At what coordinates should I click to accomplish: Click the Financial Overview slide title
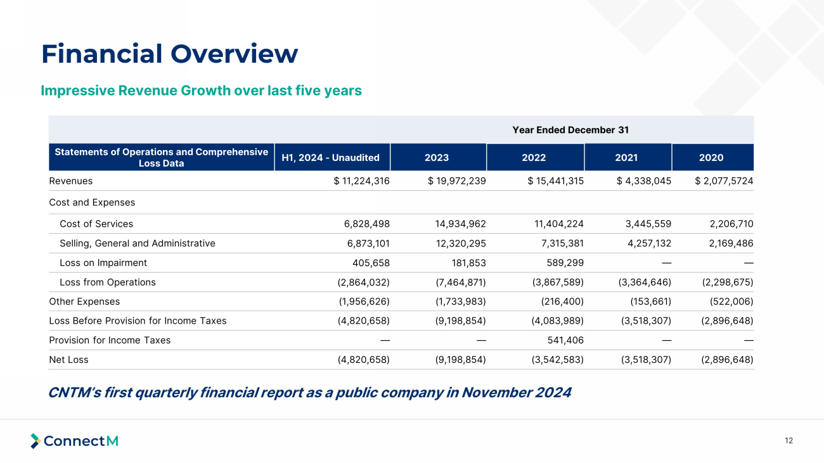pyautogui.click(x=169, y=54)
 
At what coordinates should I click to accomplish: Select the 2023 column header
pyautogui.click(x=437, y=158)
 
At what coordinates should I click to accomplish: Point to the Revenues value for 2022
pyautogui.click(x=556, y=181)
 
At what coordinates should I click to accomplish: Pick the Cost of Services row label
pyautogui.click(x=96, y=224)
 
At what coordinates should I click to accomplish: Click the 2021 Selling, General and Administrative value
pyautogui.click(x=644, y=243)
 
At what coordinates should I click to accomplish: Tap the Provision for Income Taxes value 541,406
pyautogui.click(x=560, y=340)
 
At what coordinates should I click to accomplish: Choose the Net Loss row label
pyautogui.click(x=68, y=360)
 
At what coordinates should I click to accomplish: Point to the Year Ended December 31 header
pyautogui.click(x=570, y=130)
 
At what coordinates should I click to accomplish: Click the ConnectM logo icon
pyautogui.click(x=35, y=441)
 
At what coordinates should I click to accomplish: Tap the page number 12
pyautogui.click(x=789, y=441)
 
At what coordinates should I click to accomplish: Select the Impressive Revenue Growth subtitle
pyautogui.click(x=201, y=91)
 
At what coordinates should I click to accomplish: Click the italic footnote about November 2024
pyautogui.click(x=309, y=393)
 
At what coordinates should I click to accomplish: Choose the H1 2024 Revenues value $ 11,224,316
pyautogui.click(x=361, y=181)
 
